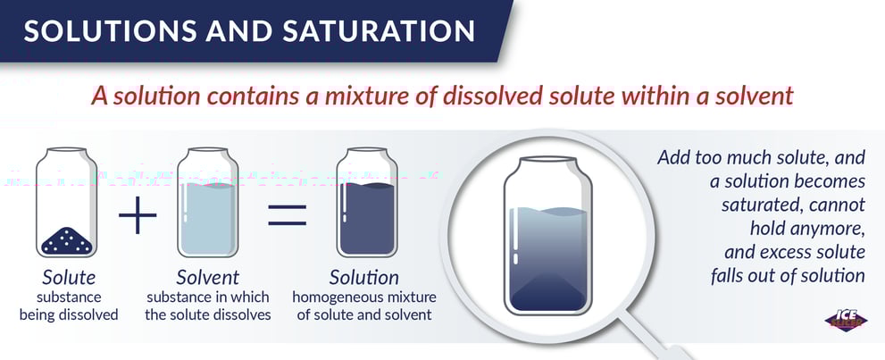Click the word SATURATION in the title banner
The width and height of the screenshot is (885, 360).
click(x=379, y=31)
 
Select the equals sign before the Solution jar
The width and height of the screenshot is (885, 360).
click(x=288, y=215)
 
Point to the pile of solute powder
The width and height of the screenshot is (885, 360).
click(x=67, y=240)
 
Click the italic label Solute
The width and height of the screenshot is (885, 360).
click(x=69, y=278)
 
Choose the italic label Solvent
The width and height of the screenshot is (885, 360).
click(x=208, y=278)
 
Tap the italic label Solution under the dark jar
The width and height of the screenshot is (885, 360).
click(x=364, y=278)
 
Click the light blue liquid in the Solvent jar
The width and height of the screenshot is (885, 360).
click(x=207, y=219)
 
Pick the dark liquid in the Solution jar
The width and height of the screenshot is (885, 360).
click(x=367, y=219)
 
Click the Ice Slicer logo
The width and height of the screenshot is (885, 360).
click(x=846, y=320)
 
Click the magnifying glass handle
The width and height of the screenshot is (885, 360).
click(x=655, y=338)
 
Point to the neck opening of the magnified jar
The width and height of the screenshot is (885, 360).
click(x=547, y=160)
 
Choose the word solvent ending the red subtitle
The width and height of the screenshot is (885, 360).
click(x=758, y=96)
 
